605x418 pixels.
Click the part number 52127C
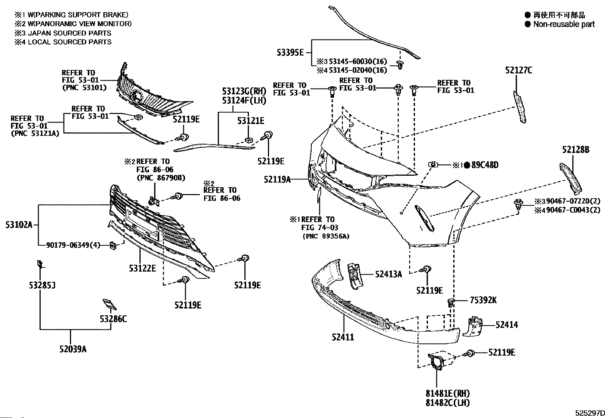(519, 71)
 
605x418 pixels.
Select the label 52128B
(576, 150)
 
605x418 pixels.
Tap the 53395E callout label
(290, 52)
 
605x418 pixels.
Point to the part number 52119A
(277, 180)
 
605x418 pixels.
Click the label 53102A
(19, 225)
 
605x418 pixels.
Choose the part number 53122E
(143, 268)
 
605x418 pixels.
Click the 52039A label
(73, 349)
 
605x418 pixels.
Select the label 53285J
(42, 285)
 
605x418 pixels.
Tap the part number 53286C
(113, 319)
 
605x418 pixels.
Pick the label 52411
(343, 337)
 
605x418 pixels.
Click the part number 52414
(507, 325)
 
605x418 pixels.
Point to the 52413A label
(388, 275)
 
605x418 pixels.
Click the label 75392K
(483, 300)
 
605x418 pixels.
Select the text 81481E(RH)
(448, 393)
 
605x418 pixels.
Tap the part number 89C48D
(485, 165)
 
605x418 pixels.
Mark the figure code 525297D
(590, 413)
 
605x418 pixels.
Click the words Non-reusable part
(564, 24)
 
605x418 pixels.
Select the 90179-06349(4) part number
(73, 245)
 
